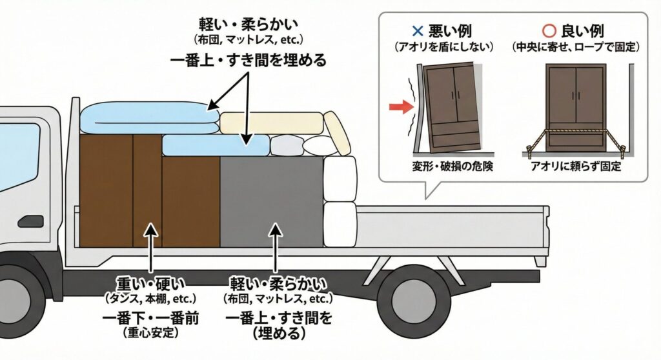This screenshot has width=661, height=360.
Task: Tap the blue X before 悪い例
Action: [416, 30]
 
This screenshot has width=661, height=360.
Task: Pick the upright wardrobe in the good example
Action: [576, 106]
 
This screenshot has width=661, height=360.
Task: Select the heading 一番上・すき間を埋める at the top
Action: [249, 61]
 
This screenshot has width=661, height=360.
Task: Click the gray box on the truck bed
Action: [271, 201]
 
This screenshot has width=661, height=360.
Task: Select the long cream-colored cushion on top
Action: [271, 122]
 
